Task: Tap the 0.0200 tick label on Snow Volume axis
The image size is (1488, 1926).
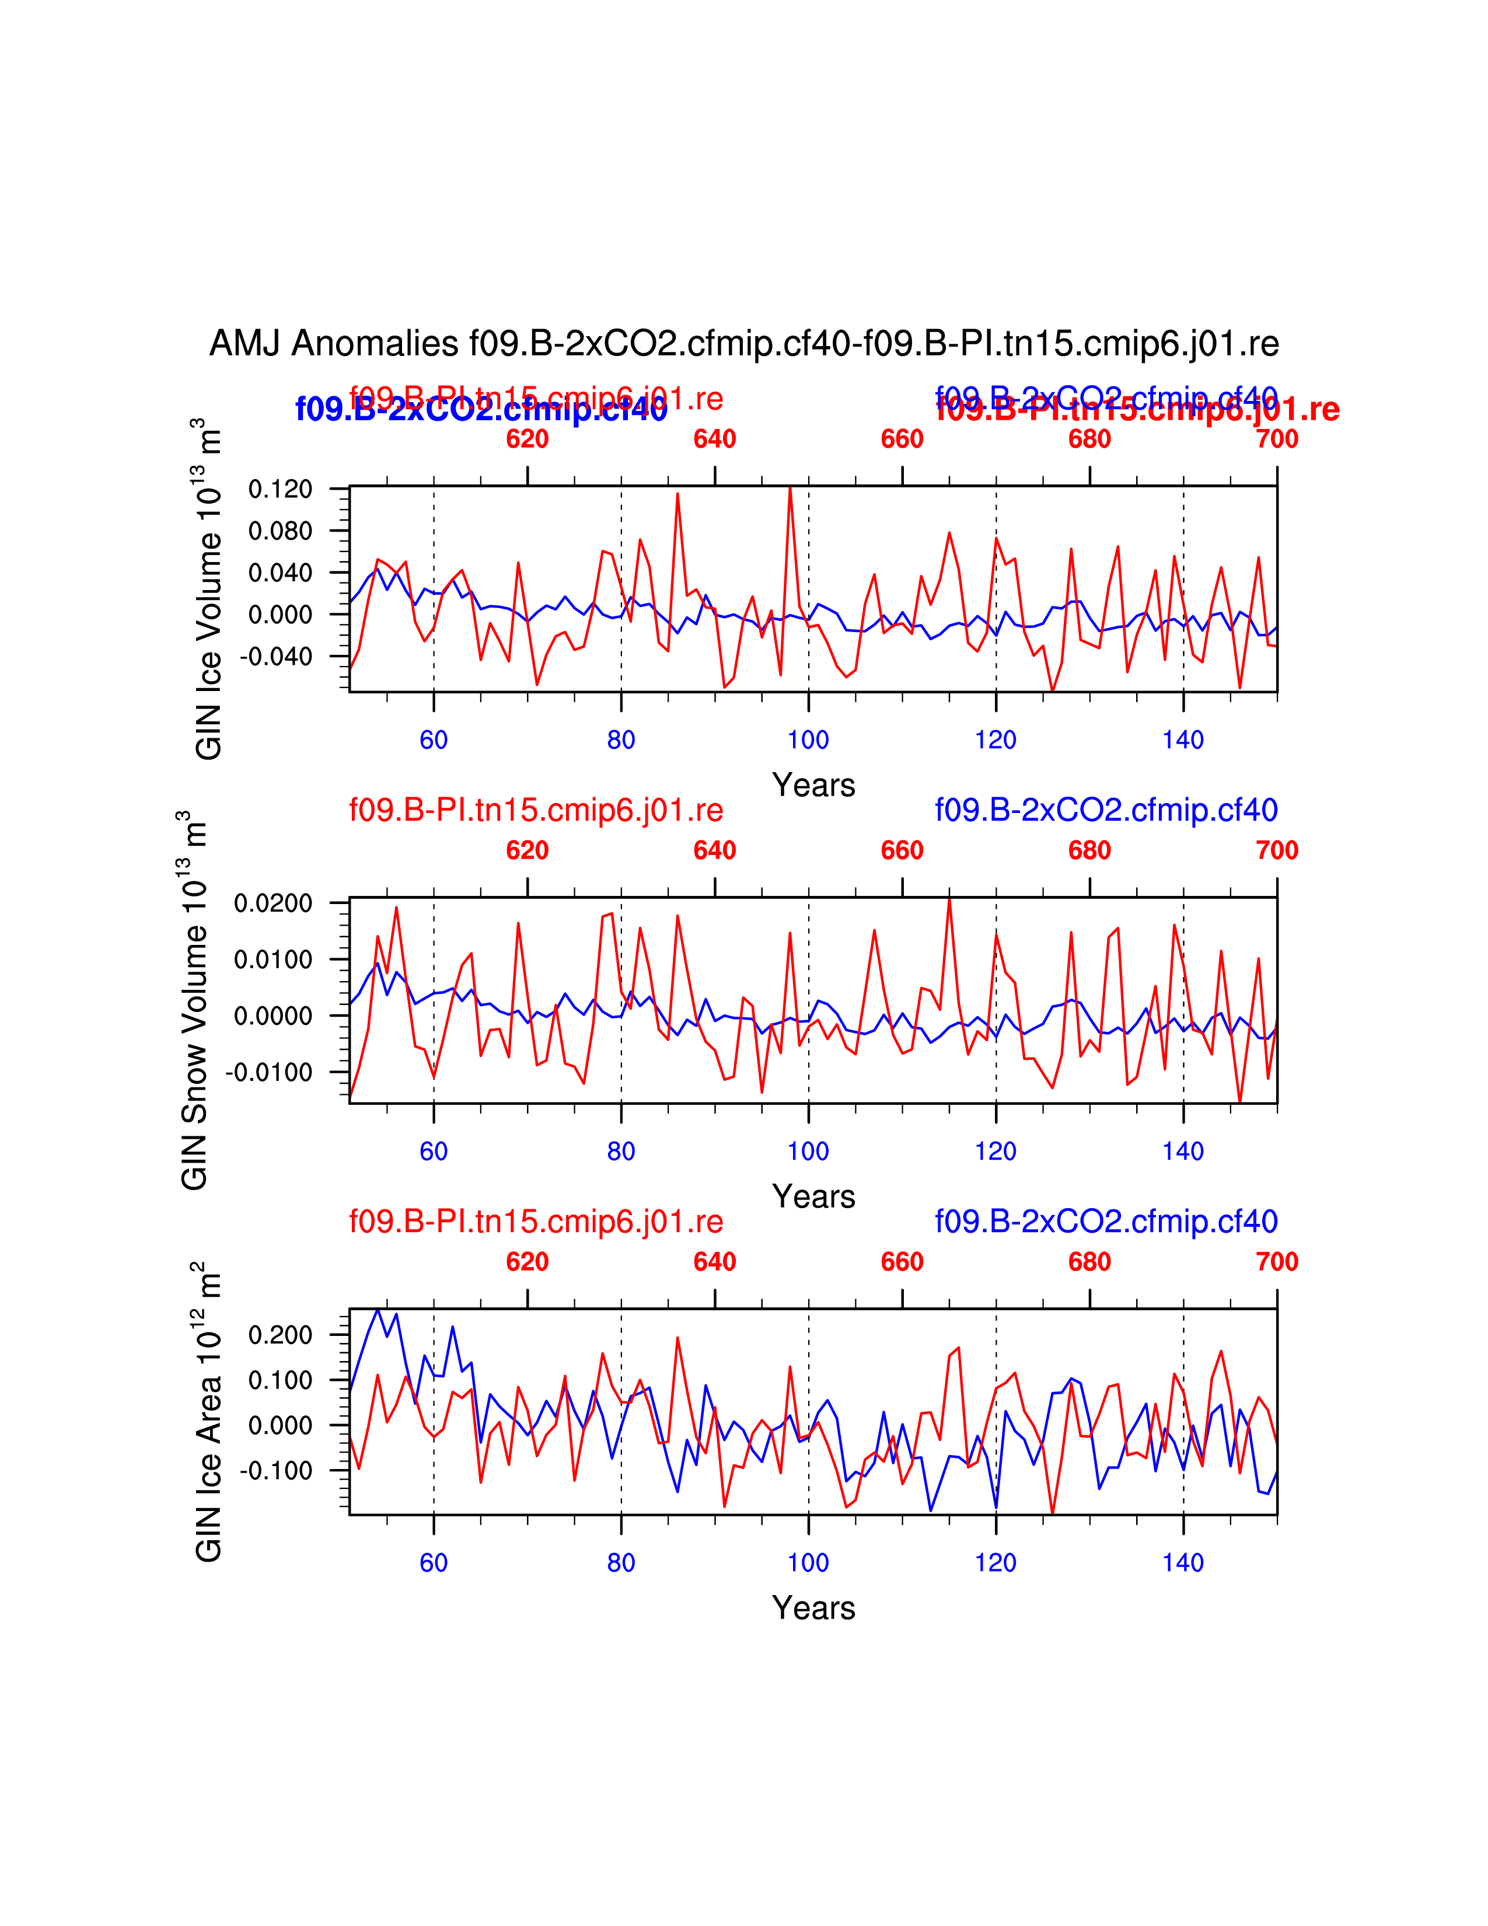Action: (x=273, y=903)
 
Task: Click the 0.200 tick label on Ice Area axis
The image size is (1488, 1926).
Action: (x=280, y=1335)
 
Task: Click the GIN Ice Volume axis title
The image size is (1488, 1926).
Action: (x=208, y=588)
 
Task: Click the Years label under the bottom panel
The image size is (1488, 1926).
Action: (x=813, y=1608)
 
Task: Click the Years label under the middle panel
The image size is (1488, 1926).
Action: (x=813, y=1196)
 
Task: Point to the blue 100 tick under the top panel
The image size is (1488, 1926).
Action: (x=808, y=740)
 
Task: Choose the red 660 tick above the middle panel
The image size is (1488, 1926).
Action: (x=902, y=851)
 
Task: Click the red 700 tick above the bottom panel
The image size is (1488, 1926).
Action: (x=1276, y=1262)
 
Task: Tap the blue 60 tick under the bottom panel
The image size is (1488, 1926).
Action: (x=434, y=1562)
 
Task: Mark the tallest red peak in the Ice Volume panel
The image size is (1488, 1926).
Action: (x=790, y=488)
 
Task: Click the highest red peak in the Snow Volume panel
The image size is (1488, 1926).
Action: (x=949, y=899)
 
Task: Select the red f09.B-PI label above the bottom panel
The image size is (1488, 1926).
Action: (x=536, y=1222)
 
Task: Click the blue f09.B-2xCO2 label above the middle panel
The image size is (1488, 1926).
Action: (x=1106, y=810)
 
